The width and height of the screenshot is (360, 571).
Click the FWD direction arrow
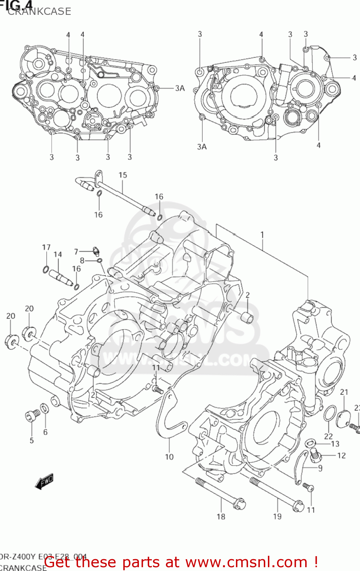(x=44, y=481)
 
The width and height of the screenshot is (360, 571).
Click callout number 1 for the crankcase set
(x=262, y=235)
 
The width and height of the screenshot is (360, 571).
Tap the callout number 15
(x=123, y=175)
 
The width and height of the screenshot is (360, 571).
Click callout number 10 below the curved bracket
(x=169, y=457)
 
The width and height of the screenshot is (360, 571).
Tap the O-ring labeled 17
(x=46, y=270)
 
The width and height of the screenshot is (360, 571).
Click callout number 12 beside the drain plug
(x=341, y=455)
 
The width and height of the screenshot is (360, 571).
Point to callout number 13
(x=335, y=443)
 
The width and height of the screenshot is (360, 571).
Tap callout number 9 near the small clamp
(x=320, y=468)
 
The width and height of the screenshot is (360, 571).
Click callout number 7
(x=76, y=252)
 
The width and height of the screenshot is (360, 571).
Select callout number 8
(x=82, y=261)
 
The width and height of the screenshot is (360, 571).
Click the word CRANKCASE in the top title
(x=39, y=11)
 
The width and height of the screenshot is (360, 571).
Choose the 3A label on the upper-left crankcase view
(x=180, y=88)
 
